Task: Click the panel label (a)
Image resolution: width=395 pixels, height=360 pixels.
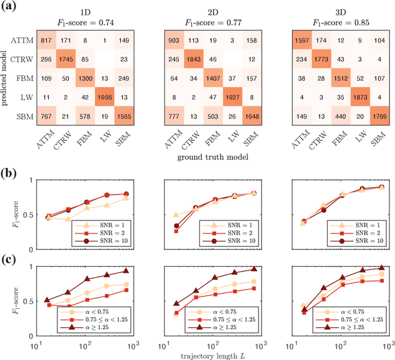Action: click(x=11, y=7)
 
